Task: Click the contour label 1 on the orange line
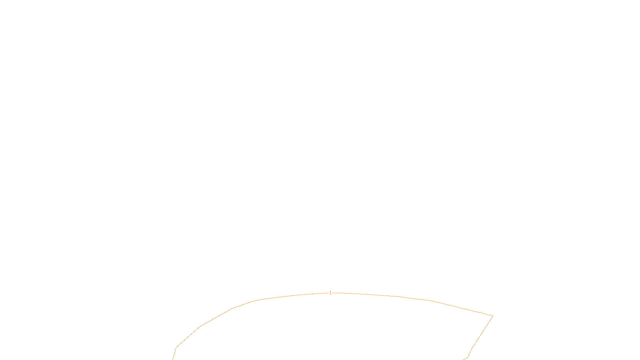330,293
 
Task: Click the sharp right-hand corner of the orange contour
492,316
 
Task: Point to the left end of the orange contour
173,359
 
